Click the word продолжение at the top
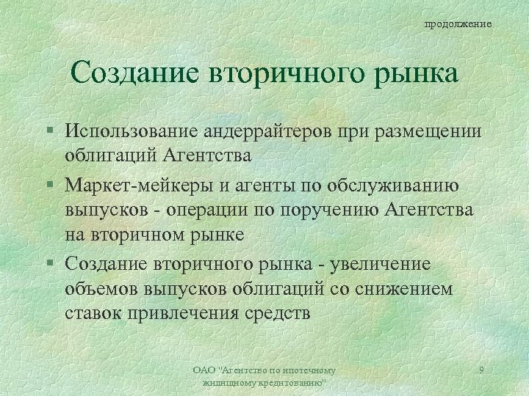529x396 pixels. tap(458, 25)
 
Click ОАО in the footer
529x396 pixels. tap(202, 371)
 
